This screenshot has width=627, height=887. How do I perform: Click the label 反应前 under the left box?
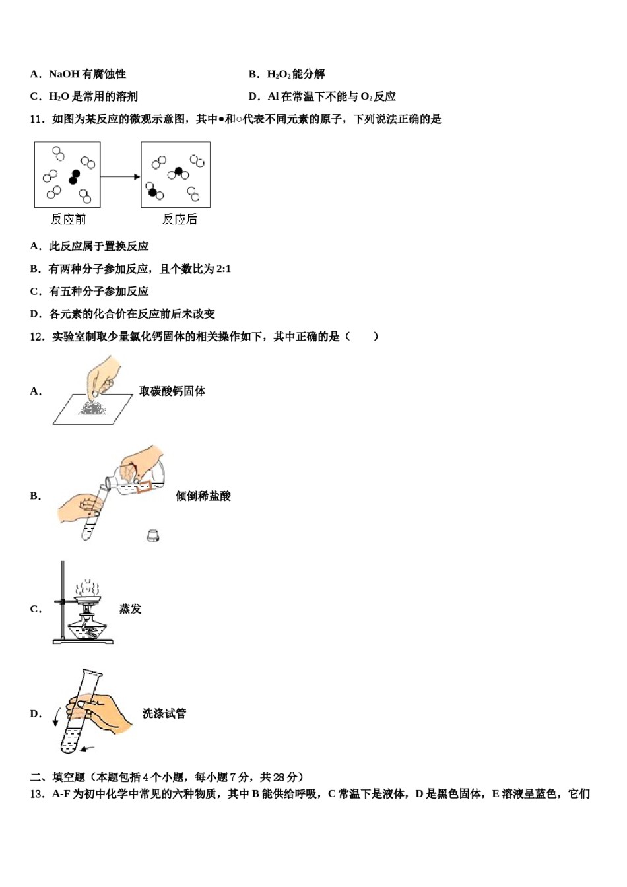click(68, 220)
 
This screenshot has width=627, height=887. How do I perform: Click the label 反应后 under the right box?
click(180, 220)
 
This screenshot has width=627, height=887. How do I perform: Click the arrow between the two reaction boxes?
click(120, 176)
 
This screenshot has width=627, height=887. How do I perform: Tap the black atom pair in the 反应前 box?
click(75, 177)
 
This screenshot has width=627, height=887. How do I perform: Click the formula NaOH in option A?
click(64, 74)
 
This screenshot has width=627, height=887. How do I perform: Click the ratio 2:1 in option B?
click(223, 269)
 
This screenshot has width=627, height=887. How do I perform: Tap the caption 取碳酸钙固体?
click(172, 391)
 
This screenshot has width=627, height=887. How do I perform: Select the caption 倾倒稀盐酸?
click(203, 496)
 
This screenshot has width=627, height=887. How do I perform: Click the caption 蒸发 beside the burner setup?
click(130, 609)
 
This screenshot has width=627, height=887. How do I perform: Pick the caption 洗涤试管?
click(164, 713)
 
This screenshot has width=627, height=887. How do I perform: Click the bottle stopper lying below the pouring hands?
click(153, 535)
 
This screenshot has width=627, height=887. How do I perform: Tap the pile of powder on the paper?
click(92, 409)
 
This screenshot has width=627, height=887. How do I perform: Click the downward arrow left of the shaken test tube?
click(56, 716)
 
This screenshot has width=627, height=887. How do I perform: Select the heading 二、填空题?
click(58, 777)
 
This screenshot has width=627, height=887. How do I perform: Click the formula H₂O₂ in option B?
click(279, 74)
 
